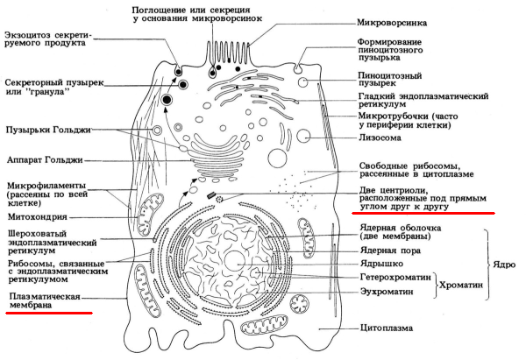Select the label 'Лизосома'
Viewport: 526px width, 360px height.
tap(380, 137)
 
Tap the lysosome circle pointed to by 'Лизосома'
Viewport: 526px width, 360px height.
tap(303, 137)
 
